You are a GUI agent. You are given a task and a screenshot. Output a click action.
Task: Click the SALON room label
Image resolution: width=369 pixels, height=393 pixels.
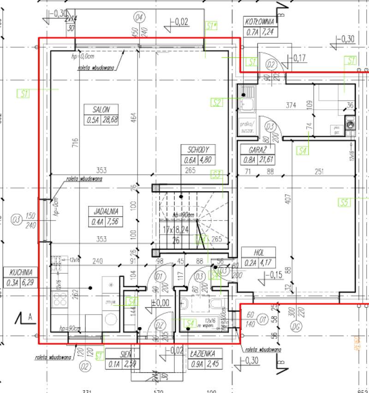coord(101,109)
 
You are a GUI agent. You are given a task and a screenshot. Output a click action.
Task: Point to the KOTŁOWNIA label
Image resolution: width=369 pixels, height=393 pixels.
coord(260,21)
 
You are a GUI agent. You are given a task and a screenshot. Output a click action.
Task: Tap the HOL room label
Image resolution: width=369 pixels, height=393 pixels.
coord(258,251)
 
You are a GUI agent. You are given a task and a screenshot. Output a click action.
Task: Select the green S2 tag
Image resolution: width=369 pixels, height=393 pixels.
coord(217,102)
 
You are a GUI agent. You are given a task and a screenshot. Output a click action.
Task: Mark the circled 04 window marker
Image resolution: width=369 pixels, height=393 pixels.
coord(138,18)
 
